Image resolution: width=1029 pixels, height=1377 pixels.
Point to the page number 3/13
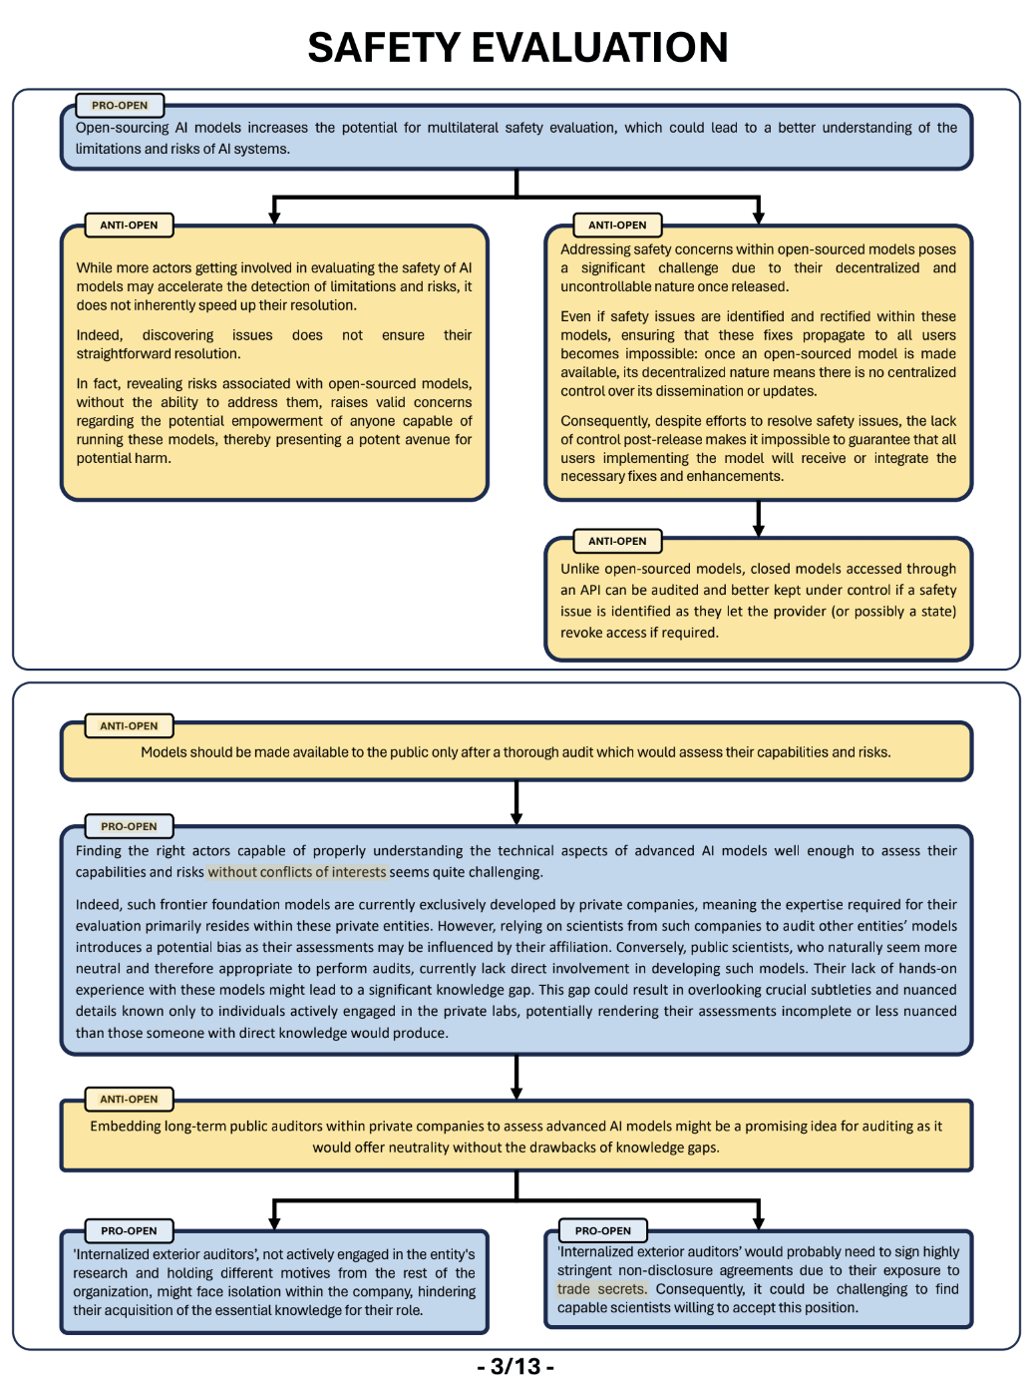[x=514, y=1365]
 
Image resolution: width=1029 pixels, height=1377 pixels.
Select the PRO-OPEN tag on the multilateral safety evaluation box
[x=120, y=105]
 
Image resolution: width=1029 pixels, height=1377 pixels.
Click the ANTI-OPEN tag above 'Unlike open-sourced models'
[x=617, y=541]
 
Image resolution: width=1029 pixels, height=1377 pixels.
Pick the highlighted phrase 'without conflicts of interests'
[x=296, y=872]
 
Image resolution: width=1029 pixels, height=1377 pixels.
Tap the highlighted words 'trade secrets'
[x=601, y=1289]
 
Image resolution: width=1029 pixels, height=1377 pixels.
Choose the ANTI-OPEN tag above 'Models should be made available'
[x=129, y=726]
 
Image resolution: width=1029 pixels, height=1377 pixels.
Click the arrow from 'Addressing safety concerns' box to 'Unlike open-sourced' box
[x=758, y=518]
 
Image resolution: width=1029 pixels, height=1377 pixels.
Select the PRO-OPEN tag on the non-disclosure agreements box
[x=603, y=1230]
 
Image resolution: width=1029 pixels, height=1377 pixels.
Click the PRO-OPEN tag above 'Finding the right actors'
[x=129, y=826]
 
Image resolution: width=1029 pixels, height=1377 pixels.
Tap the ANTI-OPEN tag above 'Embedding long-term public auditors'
[x=129, y=1099]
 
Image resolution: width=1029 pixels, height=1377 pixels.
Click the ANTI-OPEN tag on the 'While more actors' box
[x=129, y=226]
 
